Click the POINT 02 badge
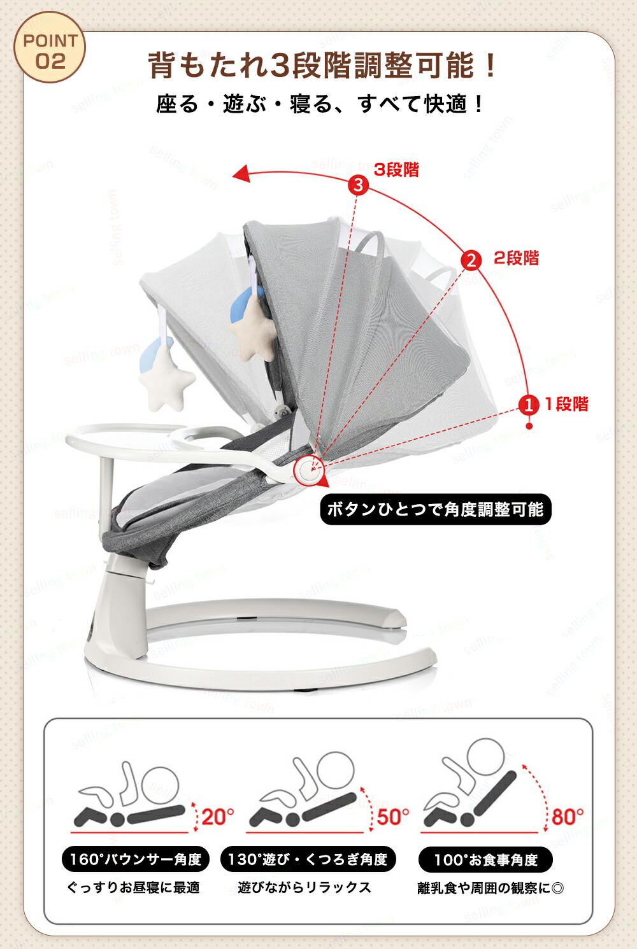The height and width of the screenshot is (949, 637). pos(50,47)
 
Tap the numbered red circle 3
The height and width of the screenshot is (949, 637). pos(359,185)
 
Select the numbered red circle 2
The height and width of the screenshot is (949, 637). pos(471,260)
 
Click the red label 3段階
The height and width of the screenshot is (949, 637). pos(397,169)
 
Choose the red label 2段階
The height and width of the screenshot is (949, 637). pos(516,258)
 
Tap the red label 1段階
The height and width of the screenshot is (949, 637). pos(566,404)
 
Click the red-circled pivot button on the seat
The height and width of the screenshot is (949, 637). pos(309,470)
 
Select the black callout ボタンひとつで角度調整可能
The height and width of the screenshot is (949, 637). pos(436,510)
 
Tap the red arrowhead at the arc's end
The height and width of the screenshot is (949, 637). pos(241,174)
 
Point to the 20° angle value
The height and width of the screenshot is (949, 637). pos(218,817)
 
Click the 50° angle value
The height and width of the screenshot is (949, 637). pos(393,817)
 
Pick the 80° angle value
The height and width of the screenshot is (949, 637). pos(568,817)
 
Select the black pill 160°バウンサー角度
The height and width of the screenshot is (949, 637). pos(135,859)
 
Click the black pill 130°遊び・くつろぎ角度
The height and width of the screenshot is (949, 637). pos(308,859)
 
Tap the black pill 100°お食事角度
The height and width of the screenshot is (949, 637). pos(485,860)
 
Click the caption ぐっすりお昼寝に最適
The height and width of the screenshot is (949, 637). pos(133,887)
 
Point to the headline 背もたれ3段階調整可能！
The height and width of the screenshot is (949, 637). pos(322,65)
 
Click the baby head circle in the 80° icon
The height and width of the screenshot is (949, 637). pos(485,757)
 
